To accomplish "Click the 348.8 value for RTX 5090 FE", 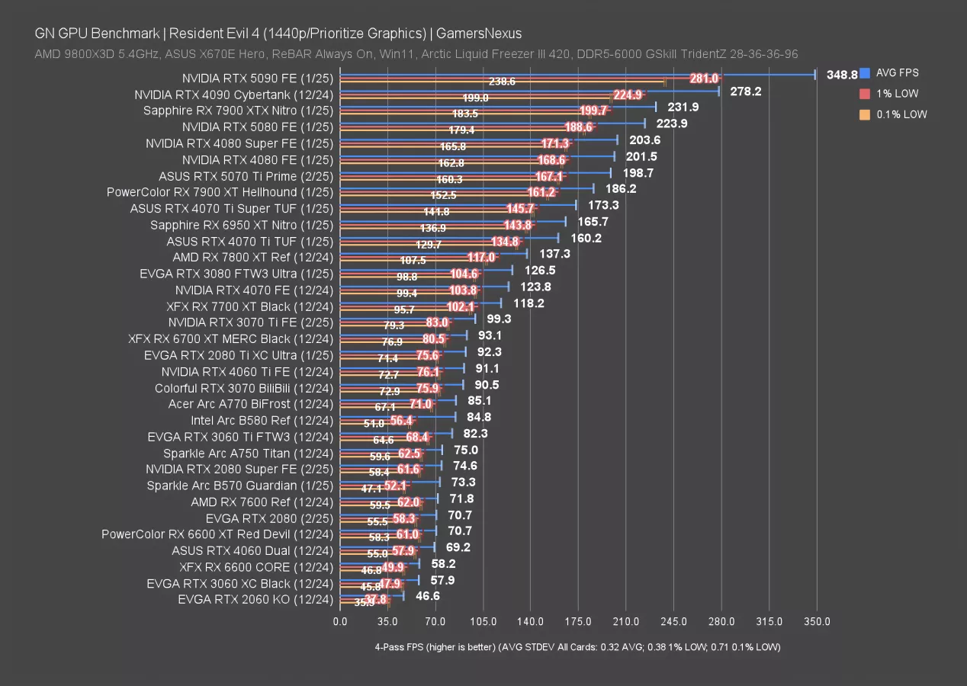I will coord(842,75).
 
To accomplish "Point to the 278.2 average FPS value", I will coord(746,91).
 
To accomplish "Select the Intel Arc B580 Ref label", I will coord(262,420).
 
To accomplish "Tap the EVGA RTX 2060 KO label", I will coord(255,599).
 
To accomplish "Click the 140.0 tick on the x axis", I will coord(531,621).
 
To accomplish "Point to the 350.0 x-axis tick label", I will coord(817,621).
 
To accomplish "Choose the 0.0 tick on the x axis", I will coord(340,621).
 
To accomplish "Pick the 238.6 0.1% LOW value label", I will coord(502,81).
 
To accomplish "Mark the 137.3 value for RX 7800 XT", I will coord(554,254).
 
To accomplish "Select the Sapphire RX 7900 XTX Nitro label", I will coord(238,111).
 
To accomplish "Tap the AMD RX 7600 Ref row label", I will coord(262,502).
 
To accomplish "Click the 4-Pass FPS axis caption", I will coord(577,647).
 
